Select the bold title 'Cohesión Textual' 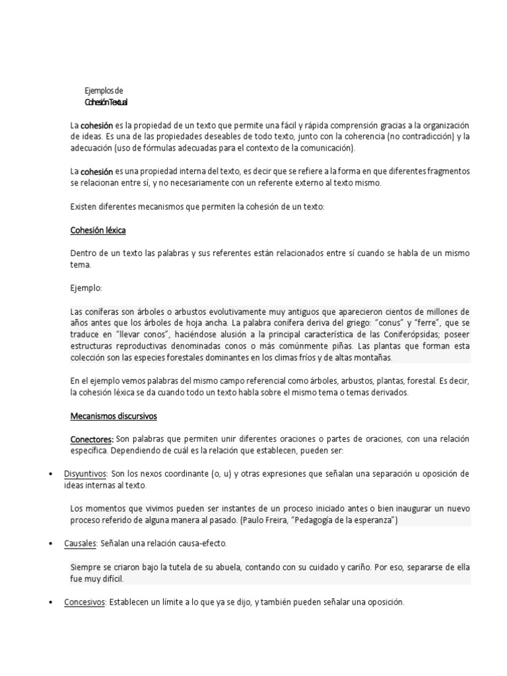pos(106,102)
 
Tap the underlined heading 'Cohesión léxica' pos(98,230)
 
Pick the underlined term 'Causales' pos(80,543)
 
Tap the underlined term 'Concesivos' pos(84,602)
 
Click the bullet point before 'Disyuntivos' pos(51,474)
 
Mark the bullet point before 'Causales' pos(51,543)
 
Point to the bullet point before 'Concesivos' pos(51,602)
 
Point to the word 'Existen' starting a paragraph pos(84,207)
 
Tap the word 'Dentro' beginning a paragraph pos(84,253)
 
